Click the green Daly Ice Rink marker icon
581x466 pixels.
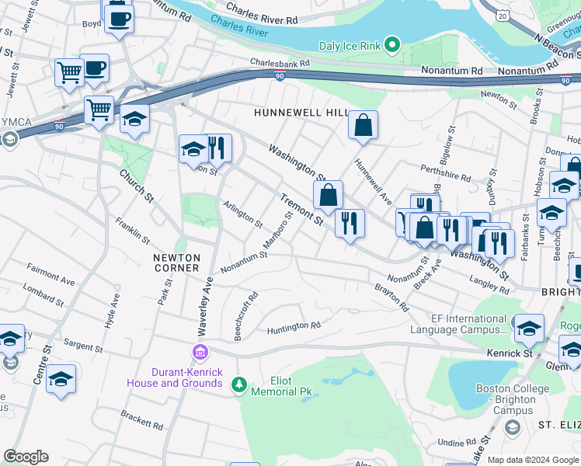point(392,46)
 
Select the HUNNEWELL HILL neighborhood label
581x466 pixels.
point(303,113)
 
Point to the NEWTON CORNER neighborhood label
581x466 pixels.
point(176,263)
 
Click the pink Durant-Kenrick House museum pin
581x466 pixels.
point(201,353)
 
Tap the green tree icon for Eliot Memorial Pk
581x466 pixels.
point(240,384)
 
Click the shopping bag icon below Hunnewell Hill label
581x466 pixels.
point(363,124)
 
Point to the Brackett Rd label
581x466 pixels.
point(141,422)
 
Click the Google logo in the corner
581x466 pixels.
point(26,456)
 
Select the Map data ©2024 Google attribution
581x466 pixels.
point(534,460)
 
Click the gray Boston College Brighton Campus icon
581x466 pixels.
point(512,428)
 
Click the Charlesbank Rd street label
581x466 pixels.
point(280,63)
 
